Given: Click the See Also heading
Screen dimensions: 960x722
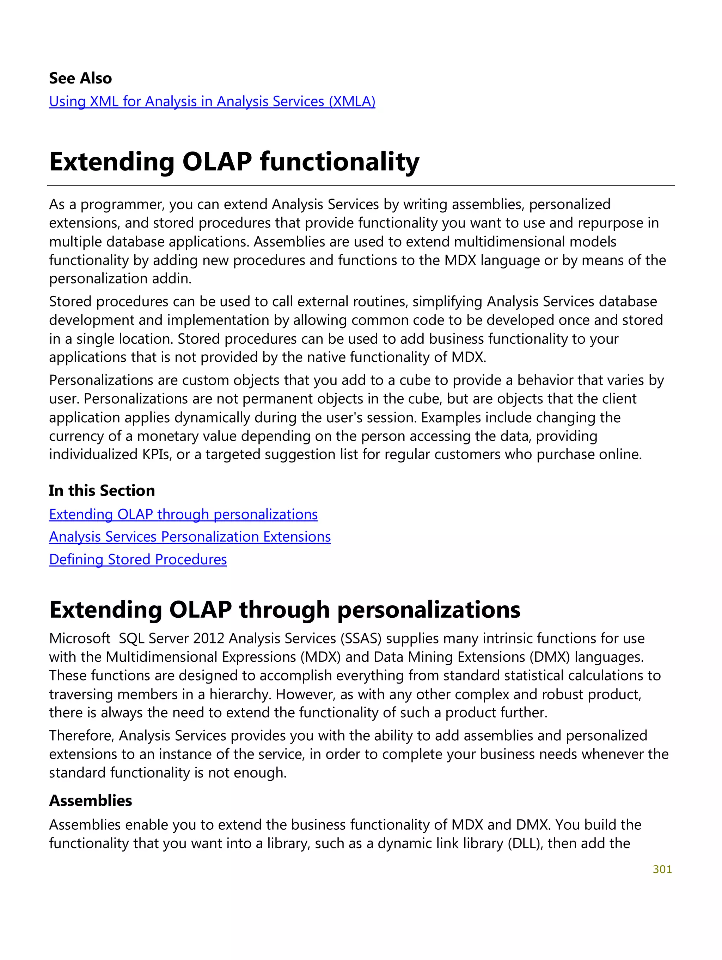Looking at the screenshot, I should (x=80, y=78).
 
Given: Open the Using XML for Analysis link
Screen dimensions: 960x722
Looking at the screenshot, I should (x=212, y=101).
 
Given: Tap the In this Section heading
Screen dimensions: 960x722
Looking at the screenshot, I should (x=102, y=491).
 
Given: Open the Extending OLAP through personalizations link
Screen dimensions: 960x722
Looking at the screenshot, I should (x=183, y=514).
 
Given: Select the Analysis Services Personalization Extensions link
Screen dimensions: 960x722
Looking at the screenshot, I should (x=189, y=537).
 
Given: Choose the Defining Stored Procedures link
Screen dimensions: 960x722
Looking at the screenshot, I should (x=138, y=560).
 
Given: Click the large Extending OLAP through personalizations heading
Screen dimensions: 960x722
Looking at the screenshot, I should (x=284, y=609).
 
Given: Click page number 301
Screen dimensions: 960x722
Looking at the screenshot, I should (x=662, y=869).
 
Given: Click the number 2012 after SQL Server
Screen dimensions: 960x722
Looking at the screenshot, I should (x=209, y=638).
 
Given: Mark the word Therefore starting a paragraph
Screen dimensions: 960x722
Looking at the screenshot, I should (x=81, y=736).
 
